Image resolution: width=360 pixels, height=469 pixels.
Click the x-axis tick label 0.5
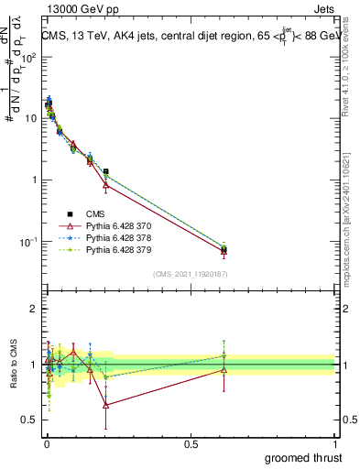pyautogui.click(x=191, y=443)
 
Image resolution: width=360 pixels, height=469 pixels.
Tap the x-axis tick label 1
pyautogui.click(x=335, y=443)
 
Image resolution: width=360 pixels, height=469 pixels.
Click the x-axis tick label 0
pyautogui.click(x=46, y=443)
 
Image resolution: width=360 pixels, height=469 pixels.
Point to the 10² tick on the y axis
pyautogui.click(x=29, y=57)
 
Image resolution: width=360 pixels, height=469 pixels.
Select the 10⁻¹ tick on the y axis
pyautogui.click(x=29, y=242)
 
